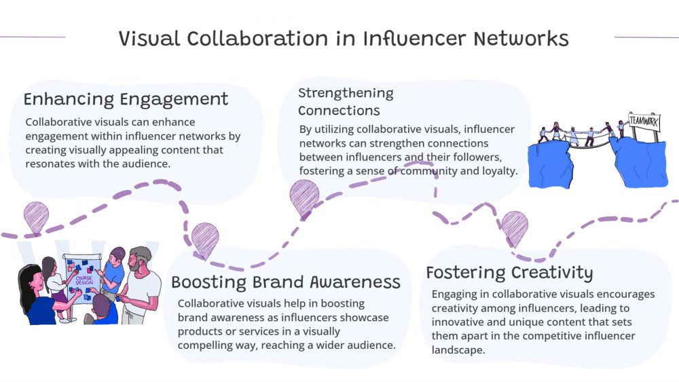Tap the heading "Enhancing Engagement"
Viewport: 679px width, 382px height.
126,99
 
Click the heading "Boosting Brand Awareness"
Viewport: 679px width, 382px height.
286,282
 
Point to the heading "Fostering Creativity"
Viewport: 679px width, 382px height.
509,273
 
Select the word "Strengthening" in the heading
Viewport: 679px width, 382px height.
346,93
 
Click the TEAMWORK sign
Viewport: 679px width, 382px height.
644,121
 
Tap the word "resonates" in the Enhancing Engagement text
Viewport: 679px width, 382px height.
50,164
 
